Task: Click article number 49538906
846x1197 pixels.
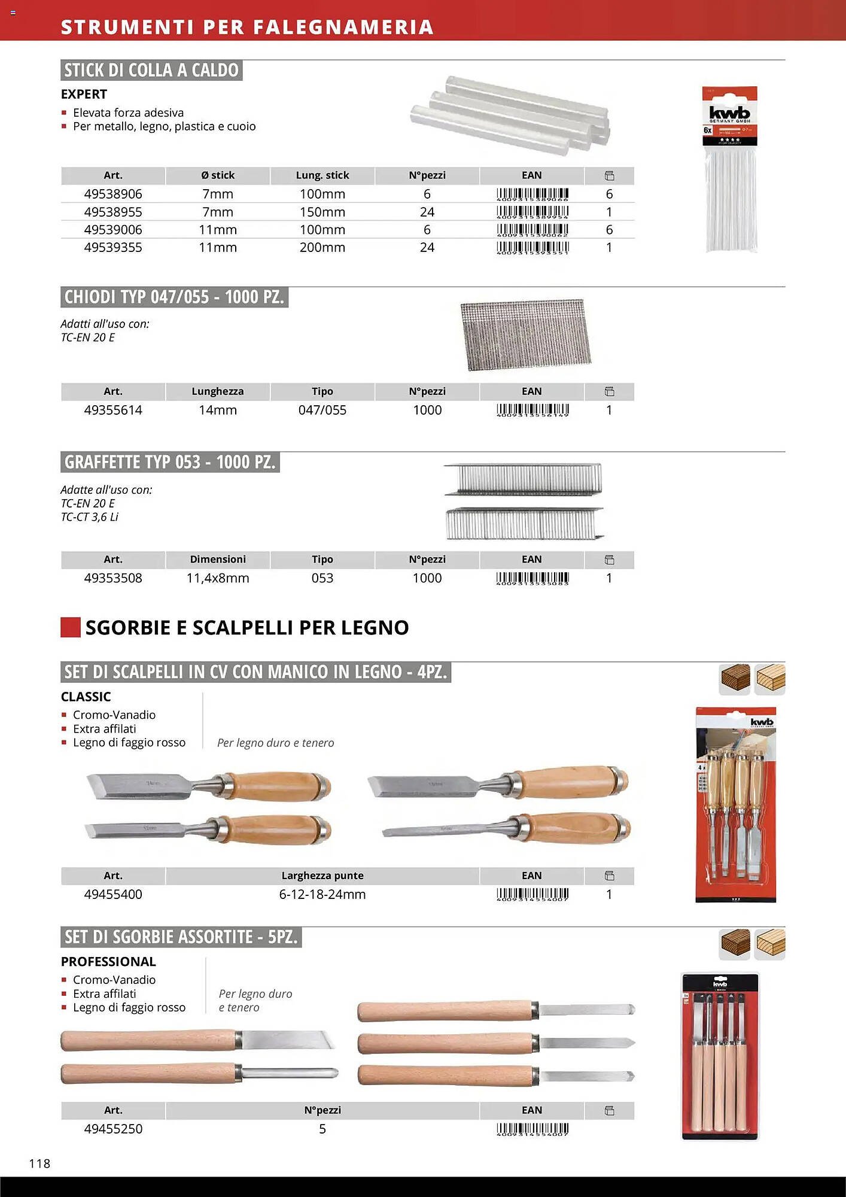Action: [113, 194]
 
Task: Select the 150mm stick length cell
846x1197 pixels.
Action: [322, 212]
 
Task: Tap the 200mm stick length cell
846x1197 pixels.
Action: [322, 248]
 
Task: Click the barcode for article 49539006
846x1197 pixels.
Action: [532, 230]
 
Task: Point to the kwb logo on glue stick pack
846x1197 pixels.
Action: [729, 113]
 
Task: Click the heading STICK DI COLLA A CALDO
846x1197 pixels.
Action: [151, 71]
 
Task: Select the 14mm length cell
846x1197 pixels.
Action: [218, 410]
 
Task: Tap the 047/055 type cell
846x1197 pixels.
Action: [322, 410]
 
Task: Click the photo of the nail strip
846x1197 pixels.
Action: [525, 334]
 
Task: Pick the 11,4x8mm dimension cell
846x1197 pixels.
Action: [218, 578]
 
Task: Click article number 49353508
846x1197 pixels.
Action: [113, 578]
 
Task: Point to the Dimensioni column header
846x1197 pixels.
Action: [218, 560]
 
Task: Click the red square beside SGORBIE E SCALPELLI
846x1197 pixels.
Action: [71, 627]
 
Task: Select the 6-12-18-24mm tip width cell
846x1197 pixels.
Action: [322, 895]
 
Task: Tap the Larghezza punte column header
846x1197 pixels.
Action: [322, 876]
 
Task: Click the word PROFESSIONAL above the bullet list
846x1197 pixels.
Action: [108, 962]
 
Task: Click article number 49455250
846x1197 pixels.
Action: [113, 1129]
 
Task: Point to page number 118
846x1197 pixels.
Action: [39, 1163]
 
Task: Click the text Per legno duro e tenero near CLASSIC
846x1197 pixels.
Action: [275, 743]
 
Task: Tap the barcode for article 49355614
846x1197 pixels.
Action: [532, 410]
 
